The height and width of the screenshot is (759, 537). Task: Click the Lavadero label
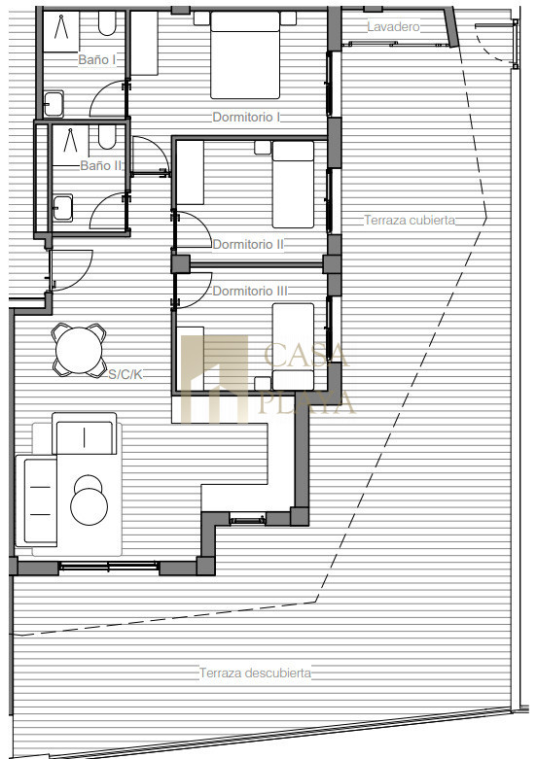393,26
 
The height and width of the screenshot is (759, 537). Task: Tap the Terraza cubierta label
410,221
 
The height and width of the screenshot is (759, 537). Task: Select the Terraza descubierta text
255,673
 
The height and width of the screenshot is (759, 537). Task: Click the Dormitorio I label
246,118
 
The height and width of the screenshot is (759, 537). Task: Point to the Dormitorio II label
248,245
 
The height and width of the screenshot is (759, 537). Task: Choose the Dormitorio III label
250,291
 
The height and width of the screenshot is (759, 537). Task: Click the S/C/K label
125,374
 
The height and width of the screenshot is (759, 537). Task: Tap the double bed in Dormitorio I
245,55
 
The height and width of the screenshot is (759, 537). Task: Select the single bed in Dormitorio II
293,185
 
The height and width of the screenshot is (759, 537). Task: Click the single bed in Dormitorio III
293,347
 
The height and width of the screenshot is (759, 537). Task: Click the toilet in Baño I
107,23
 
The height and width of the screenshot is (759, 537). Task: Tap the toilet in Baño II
107,137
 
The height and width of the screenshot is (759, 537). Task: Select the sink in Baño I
54,104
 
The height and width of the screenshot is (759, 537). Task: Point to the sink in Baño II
62,208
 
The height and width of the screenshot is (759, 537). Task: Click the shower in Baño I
61,32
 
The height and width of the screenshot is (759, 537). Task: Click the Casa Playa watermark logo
266,379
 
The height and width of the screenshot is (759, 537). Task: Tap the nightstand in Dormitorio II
263,148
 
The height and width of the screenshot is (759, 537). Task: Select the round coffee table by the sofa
89,501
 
